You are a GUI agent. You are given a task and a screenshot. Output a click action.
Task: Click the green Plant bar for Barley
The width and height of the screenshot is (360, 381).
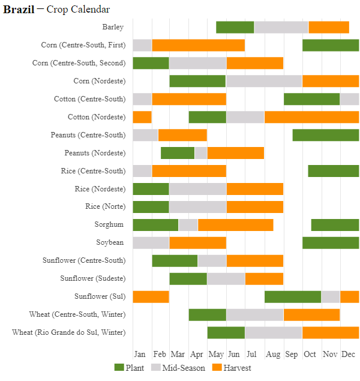tap(235, 27)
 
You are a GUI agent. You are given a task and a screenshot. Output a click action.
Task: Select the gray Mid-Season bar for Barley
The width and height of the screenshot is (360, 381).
tap(281, 27)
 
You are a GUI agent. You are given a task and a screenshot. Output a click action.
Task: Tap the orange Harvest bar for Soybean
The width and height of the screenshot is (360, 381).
tap(197, 242)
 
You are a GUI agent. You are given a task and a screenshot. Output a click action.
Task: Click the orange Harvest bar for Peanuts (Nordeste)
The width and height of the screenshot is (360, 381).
tap(235, 153)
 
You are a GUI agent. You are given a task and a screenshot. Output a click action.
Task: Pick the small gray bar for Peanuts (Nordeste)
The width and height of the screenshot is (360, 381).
tap(200, 153)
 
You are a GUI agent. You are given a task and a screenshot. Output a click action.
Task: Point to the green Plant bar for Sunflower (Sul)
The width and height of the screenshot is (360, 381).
tap(292, 296)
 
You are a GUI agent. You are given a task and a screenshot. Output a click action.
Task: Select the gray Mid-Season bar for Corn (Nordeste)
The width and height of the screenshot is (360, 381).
tap(263, 81)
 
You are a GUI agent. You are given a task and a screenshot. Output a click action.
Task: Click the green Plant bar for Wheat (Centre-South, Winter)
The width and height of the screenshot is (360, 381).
tap(207, 314)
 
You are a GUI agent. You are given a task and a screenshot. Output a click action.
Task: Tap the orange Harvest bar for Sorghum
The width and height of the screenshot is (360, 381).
tap(235, 224)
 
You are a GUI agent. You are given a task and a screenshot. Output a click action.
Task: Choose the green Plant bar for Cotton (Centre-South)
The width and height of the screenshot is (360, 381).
tap(311, 99)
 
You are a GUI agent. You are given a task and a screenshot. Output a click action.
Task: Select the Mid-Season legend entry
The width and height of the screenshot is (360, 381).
tap(178, 368)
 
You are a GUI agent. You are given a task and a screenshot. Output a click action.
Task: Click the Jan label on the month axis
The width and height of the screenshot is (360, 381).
tap(140, 354)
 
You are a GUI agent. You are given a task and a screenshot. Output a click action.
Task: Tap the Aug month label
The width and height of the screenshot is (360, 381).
tap(273, 354)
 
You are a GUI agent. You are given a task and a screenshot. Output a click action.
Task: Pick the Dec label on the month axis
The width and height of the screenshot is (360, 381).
tap(349, 354)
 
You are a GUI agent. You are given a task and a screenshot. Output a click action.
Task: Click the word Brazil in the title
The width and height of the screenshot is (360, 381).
tap(19, 10)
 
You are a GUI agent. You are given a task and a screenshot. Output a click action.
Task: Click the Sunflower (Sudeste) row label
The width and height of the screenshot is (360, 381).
tap(93, 278)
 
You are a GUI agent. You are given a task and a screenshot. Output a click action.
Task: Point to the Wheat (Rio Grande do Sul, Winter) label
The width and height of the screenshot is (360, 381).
tap(69, 332)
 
